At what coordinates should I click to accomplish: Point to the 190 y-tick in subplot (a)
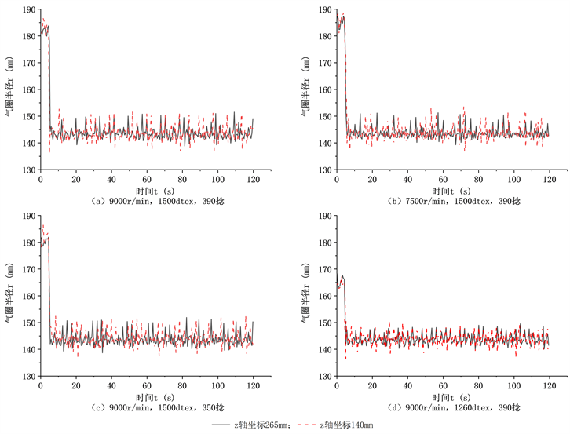(30, 9)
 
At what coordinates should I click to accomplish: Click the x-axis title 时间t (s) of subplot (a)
(146, 189)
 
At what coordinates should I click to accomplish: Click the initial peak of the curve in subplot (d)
(342, 276)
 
